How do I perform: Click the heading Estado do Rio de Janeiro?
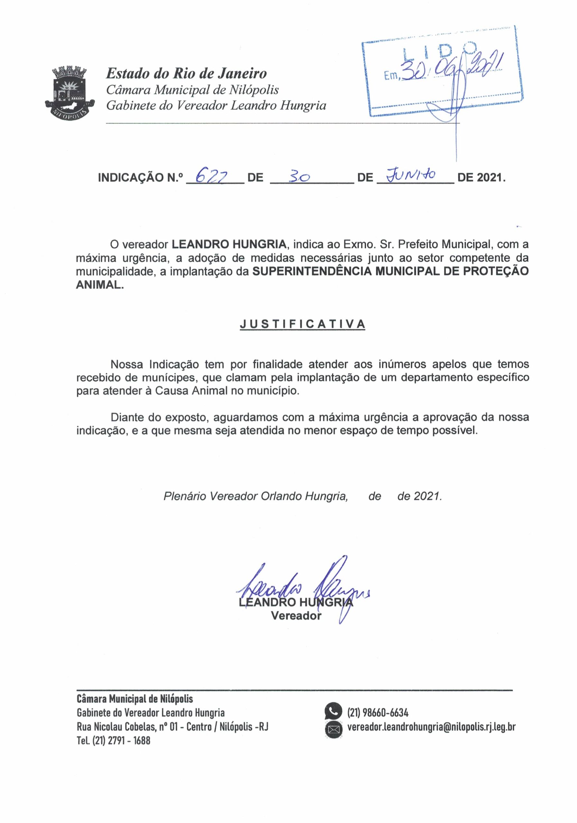(186, 74)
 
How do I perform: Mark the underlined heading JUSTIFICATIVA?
(302, 324)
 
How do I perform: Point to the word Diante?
(128, 417)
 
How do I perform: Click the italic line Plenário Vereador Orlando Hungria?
(255, 496)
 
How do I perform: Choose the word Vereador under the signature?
(296, 616)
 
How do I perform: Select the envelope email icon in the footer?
(333, 729)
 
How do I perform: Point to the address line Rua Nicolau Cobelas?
(172, 727)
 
